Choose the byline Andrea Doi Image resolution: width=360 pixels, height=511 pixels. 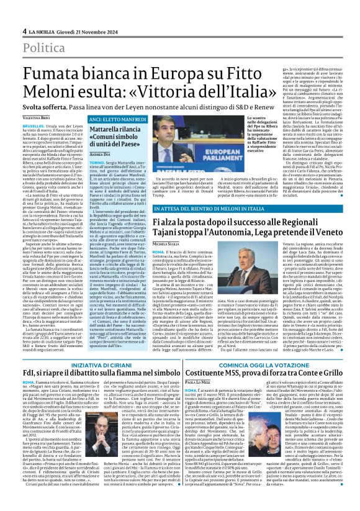tap(81, 153)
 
